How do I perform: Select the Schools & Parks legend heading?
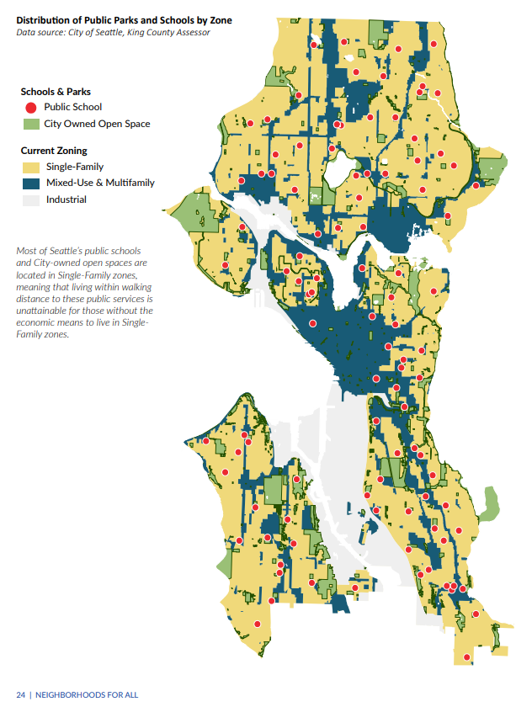56,91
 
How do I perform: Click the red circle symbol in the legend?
31,107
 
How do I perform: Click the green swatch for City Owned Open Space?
31,124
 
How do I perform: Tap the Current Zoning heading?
54,151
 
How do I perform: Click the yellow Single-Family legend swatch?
31,167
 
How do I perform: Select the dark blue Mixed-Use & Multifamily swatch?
31,183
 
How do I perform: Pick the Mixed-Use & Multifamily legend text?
100,183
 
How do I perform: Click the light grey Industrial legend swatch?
31,199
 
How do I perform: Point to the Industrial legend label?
66,199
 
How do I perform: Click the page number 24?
20,694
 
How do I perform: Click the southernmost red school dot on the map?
467,657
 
